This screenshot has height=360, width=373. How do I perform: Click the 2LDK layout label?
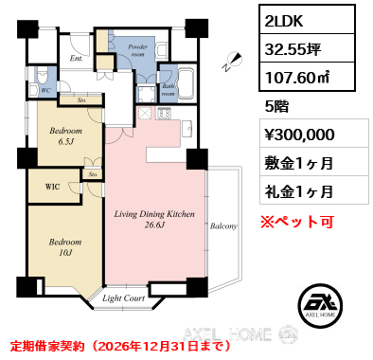tap(284, 21)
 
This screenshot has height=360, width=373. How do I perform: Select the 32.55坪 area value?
tap(293, 49)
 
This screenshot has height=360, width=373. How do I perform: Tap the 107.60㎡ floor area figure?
tap(297, 78)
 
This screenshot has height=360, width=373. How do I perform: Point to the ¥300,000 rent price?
tap(299, 135)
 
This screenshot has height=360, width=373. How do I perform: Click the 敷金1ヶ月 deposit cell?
tap(298, 163)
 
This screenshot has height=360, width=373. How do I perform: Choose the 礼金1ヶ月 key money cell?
tap(298, 191)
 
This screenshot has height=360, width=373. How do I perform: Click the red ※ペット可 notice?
tap(297, 222)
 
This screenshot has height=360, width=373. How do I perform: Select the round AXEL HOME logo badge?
tap(320, 305)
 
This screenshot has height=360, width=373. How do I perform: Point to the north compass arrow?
tap(233, 62)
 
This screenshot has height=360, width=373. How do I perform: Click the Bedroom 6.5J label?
tap(65, 136)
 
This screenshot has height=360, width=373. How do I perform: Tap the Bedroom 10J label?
tap(65, 247)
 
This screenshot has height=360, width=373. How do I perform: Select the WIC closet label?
tap(52, 187)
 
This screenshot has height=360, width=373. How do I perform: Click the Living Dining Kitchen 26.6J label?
tap(154, 219)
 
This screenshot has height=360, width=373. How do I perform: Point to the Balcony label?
tap(223, 226)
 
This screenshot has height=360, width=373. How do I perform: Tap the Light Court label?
tap(123, 298)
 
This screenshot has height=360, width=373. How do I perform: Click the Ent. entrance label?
tap(77, 59)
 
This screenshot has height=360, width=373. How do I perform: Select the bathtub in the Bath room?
tap(186, 84)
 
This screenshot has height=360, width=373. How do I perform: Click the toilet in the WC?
tap(42, 75)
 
